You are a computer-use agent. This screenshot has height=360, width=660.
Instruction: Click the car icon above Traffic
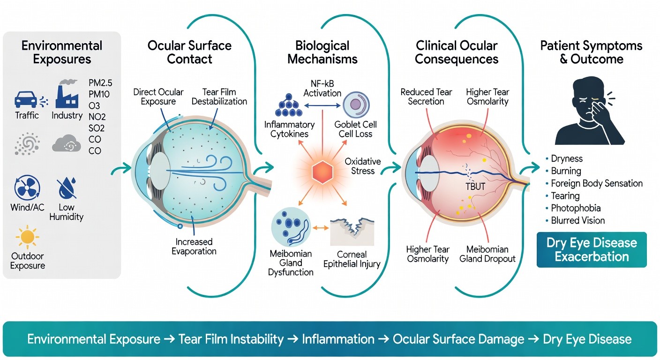coord(26,99)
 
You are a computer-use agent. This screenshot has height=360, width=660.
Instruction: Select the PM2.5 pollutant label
coord(100,83)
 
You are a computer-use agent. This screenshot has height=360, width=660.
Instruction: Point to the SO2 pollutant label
coord(97,128)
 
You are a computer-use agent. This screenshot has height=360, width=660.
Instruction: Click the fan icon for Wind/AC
coord(28,189)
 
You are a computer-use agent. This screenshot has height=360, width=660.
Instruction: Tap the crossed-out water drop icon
coord(66,188)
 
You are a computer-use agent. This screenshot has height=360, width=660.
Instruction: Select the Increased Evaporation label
coord(194,247)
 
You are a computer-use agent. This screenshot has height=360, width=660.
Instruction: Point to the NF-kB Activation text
coord(322,88)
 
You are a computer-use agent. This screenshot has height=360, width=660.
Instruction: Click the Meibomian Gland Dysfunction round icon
coord(291,226)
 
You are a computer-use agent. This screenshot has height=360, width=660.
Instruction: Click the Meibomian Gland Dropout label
coord(487,254)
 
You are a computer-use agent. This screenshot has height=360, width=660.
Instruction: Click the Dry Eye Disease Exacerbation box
coord(591,250)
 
